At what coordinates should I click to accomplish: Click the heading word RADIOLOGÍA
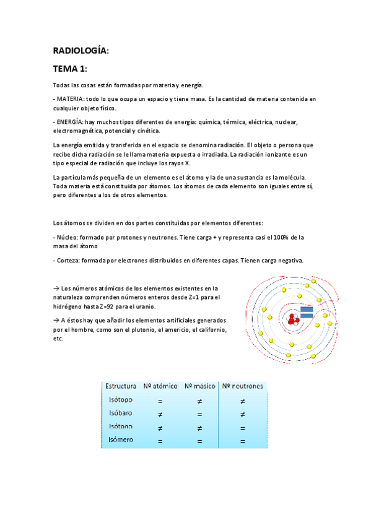81,51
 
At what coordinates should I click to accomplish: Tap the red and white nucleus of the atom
293,319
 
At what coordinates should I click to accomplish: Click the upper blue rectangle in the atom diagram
307,308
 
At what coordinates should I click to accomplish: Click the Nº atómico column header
160,386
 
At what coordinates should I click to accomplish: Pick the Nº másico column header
199,386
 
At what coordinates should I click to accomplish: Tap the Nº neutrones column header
242,386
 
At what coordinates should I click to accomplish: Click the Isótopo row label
120,401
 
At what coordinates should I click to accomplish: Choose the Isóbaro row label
120,414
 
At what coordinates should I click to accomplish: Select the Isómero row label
120,440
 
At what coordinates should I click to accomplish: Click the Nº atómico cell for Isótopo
160,401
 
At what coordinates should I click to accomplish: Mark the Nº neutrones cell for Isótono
242,427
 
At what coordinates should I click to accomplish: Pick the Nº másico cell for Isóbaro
199,414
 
